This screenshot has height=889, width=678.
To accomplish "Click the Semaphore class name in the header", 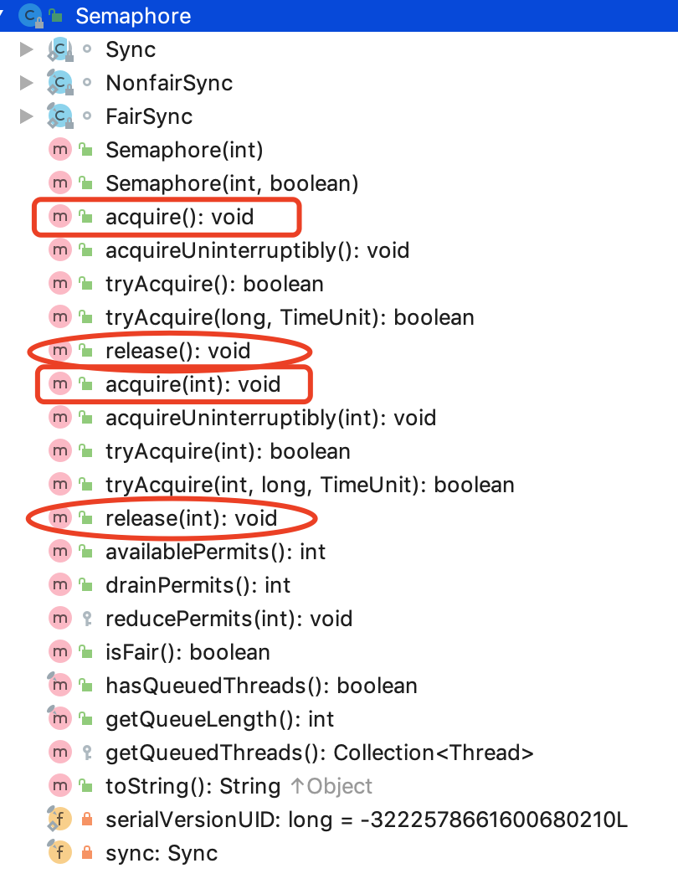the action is click(132, 15).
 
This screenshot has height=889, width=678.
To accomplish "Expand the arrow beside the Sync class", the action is click(26, 49).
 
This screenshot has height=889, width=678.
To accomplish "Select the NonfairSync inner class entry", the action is click(169, 83).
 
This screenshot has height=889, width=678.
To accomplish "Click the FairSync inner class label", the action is click(149, 116).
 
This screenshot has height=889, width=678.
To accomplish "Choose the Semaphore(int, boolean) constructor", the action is click(232, 183).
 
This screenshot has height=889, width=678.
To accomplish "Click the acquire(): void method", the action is click(179, 217).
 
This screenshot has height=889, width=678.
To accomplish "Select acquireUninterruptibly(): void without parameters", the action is click(257, 250).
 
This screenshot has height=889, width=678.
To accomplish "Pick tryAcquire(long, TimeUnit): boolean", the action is click(290, 317).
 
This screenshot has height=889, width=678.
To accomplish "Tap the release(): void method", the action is click(177, 351).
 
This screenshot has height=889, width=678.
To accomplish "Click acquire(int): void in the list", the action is click(193, 384).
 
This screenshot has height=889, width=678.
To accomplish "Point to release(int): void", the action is click(191, 518).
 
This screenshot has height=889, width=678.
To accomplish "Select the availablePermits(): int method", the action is click(215, 552).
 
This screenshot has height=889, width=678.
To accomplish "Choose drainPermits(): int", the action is click(198, 585).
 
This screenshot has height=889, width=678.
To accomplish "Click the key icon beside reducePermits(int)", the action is click(85, 619).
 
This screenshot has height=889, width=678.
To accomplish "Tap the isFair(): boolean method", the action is click(187, 652).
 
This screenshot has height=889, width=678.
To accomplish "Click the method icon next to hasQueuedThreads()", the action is click(59, 686).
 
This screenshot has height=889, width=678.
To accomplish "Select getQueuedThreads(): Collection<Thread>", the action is click(319, 753).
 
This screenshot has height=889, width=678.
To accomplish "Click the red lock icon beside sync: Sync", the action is click(85, 853).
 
